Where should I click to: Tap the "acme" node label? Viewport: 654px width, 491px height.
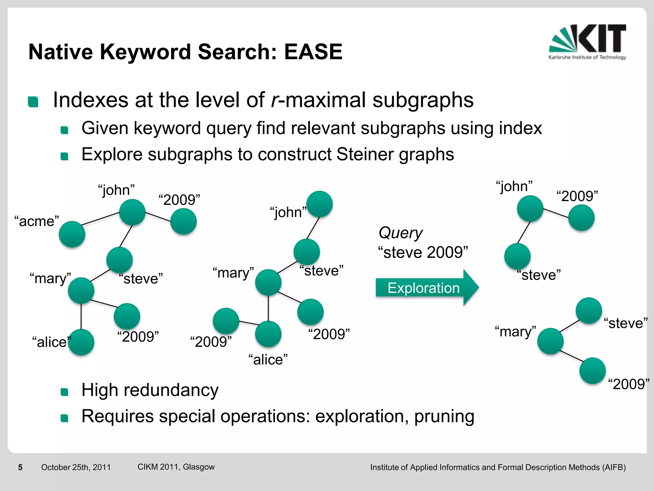click(37, 221)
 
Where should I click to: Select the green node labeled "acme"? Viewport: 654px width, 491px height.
click(72, 234)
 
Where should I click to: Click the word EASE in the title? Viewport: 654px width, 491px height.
click(313, 52)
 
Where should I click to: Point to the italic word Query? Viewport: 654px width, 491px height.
click(400, 233)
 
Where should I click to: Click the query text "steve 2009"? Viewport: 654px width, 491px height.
click(423, 253)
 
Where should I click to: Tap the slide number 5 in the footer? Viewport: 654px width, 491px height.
click(20, 467)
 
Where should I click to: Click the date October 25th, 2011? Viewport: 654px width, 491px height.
click(76, 467)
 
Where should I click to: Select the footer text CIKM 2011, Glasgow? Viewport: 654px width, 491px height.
click(176, 467)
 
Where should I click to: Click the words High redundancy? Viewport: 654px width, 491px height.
click(150, 390)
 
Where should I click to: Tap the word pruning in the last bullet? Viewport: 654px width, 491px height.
click(444, 416)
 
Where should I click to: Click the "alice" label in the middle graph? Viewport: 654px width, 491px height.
click(268, 360)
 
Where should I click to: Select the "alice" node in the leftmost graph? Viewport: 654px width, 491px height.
click(81, 342)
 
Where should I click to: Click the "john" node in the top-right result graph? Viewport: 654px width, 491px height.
click(530, 209)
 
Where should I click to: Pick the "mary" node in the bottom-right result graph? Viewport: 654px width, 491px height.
click(550, 341)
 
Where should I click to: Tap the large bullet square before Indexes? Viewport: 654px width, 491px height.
click(33, 102)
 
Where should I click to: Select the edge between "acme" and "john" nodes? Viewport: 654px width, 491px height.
click(101, 219)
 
